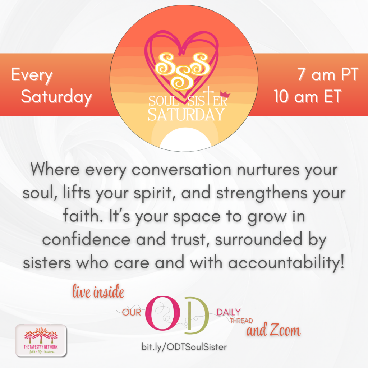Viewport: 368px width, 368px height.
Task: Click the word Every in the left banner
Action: [32, 76]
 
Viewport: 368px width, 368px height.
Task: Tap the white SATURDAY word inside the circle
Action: [186, 114]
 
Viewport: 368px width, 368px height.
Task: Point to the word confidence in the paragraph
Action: [90, 240]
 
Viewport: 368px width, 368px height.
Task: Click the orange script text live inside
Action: [98, 293]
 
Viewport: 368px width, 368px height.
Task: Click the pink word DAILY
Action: [229, 312]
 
